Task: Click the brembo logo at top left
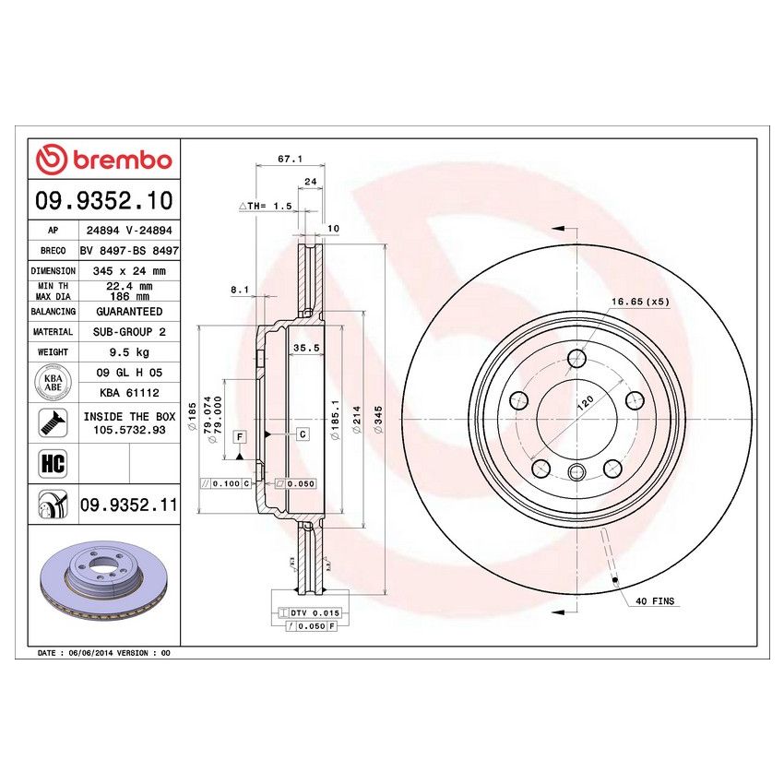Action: pos(103,160)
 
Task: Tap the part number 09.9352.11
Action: pos(128,505)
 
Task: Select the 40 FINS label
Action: pos(655,601)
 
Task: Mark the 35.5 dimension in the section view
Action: pos(305,348)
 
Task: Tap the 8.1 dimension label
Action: pos(240,290)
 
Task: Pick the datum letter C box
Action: pos(302,433)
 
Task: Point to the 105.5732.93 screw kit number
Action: pos(128,430)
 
